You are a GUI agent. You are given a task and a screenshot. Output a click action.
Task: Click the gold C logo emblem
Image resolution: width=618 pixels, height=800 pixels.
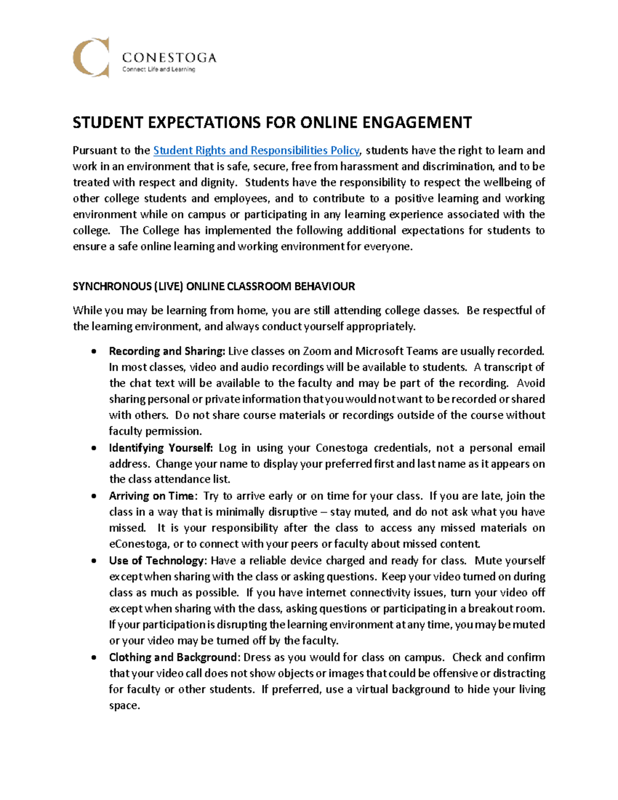(x=91, y=57)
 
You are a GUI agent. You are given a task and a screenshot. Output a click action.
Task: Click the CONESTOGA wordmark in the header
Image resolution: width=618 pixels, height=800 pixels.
(x=169, y=57)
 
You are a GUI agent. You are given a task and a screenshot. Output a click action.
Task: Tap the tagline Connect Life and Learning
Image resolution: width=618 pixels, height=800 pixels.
(x=158, y=70)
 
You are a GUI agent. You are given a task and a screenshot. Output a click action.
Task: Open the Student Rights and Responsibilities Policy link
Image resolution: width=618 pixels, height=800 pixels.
(x=256, y=150)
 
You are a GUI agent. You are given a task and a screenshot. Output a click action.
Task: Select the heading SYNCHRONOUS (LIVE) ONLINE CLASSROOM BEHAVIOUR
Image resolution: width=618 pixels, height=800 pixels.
(x=214, y=286)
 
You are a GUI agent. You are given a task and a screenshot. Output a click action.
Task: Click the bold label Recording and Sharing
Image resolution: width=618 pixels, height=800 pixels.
(x=167, y=351)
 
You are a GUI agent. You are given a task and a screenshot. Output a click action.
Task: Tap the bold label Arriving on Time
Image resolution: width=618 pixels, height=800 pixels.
(x=152, y=496)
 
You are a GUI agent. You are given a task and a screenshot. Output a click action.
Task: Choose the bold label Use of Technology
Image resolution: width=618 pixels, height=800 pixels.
(x=157, y=560)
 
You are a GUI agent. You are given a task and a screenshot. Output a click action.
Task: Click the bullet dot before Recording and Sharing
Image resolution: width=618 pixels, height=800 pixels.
(x=93, y=352)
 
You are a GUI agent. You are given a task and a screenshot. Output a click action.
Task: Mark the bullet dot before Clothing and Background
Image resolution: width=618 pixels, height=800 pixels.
(x=93, y=658)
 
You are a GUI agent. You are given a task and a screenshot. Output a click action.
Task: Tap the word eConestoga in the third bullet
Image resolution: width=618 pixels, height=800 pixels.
(x=138, y=544)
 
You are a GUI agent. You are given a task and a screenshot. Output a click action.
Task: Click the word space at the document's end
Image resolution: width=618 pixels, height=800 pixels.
(x=124, y=706)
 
